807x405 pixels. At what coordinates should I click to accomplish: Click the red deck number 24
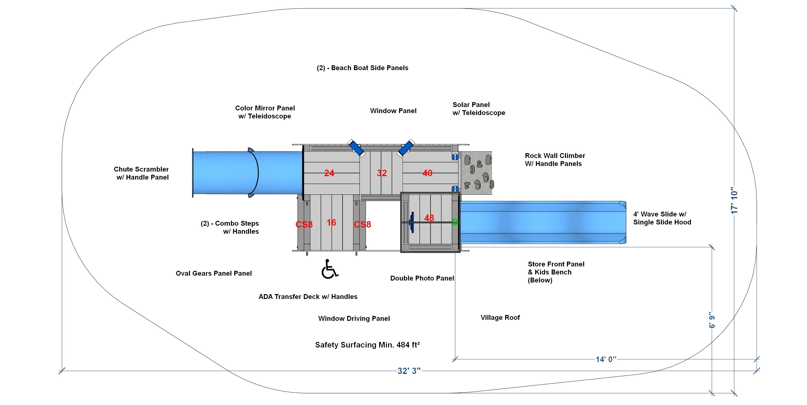coord(329,173)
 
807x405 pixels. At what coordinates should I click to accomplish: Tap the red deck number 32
coord(382,173)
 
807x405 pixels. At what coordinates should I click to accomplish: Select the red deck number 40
coord(427,173)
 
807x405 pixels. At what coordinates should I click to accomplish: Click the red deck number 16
coord(331,223)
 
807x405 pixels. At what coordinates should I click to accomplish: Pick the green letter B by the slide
coord(455,222)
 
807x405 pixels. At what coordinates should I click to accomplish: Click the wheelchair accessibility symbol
coord(329,269)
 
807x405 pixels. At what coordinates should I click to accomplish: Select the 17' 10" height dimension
coord(734,201)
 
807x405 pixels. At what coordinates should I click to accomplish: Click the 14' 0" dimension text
coord(606,359)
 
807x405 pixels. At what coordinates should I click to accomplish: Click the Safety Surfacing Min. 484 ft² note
coord(368,345)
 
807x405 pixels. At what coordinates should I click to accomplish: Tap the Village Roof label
coord(500,317)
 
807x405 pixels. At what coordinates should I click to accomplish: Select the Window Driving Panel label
coord(354,318)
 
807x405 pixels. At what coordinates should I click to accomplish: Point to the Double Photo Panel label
coord(422,278)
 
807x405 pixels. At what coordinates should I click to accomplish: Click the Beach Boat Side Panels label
coord(362,68)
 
